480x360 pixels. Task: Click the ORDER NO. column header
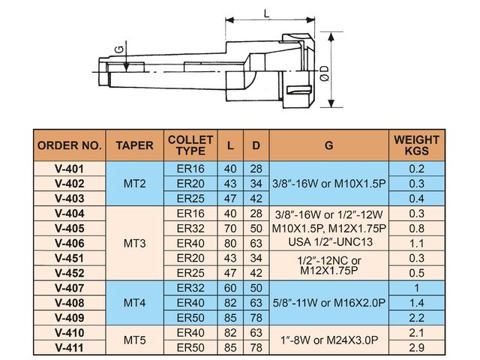coord(70,145)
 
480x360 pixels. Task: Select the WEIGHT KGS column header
coord(417,145)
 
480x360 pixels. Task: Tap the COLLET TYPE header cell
coord(190,145)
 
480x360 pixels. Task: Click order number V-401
coord(70,169)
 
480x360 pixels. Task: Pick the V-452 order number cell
coord(70,273)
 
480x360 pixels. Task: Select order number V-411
coord(70,347)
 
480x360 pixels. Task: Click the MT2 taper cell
coord(135,184)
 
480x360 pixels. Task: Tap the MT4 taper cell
coord(135,303)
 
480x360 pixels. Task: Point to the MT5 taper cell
coord(135,340)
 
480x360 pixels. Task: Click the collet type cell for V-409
coord(190,318)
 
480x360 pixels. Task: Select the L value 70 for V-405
coord(230,228)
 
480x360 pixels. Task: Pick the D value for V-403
coord(256,199)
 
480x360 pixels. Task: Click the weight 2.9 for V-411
coord(417,347)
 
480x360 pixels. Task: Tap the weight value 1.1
coord(417,243)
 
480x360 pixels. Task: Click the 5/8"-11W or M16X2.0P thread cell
coord(329,303)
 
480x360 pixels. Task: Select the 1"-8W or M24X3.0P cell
coord(329,340)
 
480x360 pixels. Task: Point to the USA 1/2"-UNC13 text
coord(330,242)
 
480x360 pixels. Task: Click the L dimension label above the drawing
coord(267,13)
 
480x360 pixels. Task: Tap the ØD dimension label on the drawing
coord(325,73)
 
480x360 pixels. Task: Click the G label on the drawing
coord(119,49)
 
